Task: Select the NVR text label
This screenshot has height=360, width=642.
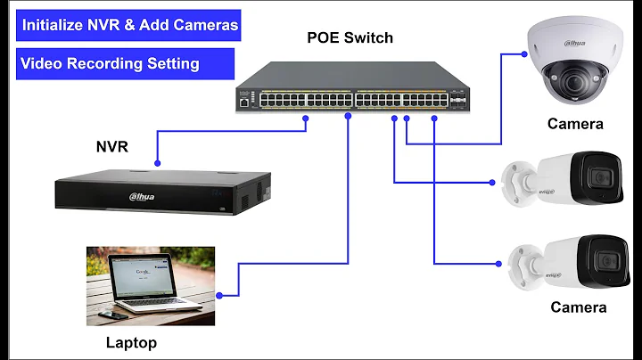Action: point(112,146)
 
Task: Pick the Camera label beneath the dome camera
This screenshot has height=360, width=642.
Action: point(575,124)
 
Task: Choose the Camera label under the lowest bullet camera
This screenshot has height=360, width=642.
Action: point(578,307)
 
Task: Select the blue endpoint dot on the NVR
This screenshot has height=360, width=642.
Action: point(157,165)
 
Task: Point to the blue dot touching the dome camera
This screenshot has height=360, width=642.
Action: point(524,53)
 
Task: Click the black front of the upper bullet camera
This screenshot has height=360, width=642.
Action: point(598,178)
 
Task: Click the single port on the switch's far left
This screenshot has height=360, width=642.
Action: point(243,102)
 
